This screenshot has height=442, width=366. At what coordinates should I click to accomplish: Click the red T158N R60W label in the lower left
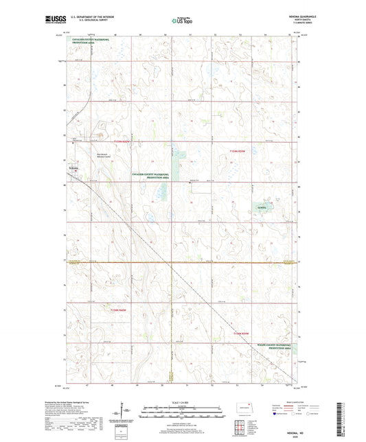(118, 311)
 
